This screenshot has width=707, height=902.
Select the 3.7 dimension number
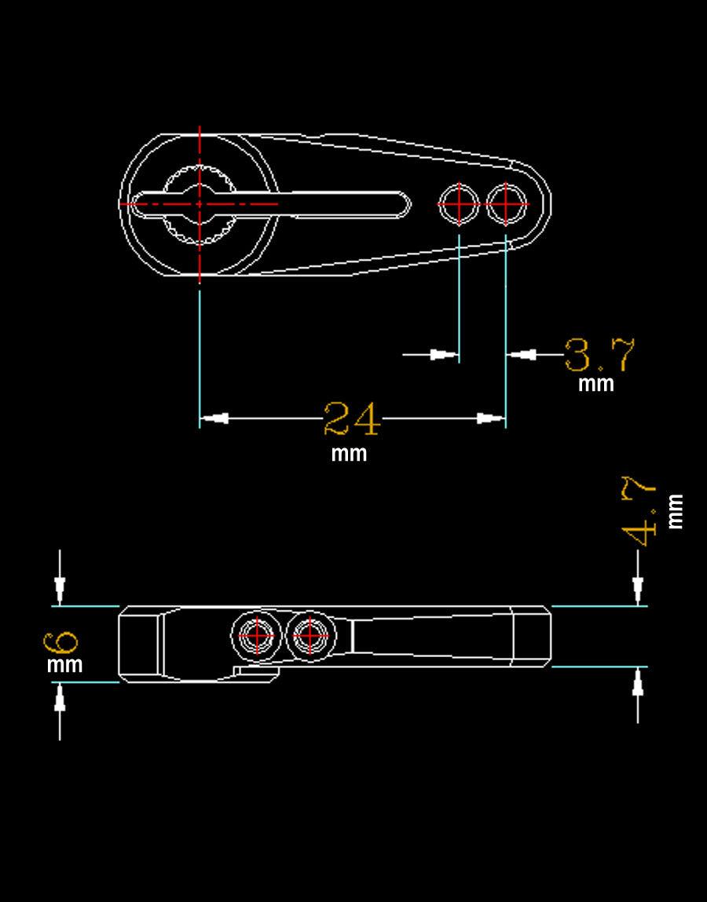tap(599, 355)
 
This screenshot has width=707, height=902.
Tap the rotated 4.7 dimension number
tap(639, 510)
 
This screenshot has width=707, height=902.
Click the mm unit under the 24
tap(349, 454)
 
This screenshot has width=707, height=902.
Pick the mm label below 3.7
tap(595, 384)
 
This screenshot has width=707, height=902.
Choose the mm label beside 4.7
tap(675, 511)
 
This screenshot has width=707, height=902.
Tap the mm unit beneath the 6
tap(64, 665)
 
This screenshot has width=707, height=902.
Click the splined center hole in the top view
tap(200, 203)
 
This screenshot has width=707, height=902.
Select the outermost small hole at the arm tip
tap(506, 203)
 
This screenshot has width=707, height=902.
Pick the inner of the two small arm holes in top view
tap(459, 203)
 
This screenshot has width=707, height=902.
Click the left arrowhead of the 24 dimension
tap(215, 418)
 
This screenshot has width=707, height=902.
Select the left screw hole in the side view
tap(256, 634)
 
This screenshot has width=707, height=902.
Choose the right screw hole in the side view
tap(310, 634)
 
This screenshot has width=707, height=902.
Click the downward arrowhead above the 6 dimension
tap(60, 588)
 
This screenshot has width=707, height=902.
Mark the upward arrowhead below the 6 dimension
tap(60, 697)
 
